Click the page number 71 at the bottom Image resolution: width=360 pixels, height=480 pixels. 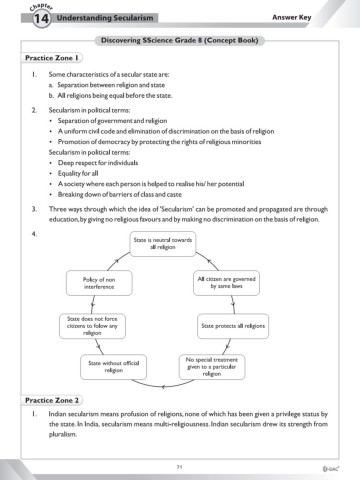pyautogui.click(x=178, y=466)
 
